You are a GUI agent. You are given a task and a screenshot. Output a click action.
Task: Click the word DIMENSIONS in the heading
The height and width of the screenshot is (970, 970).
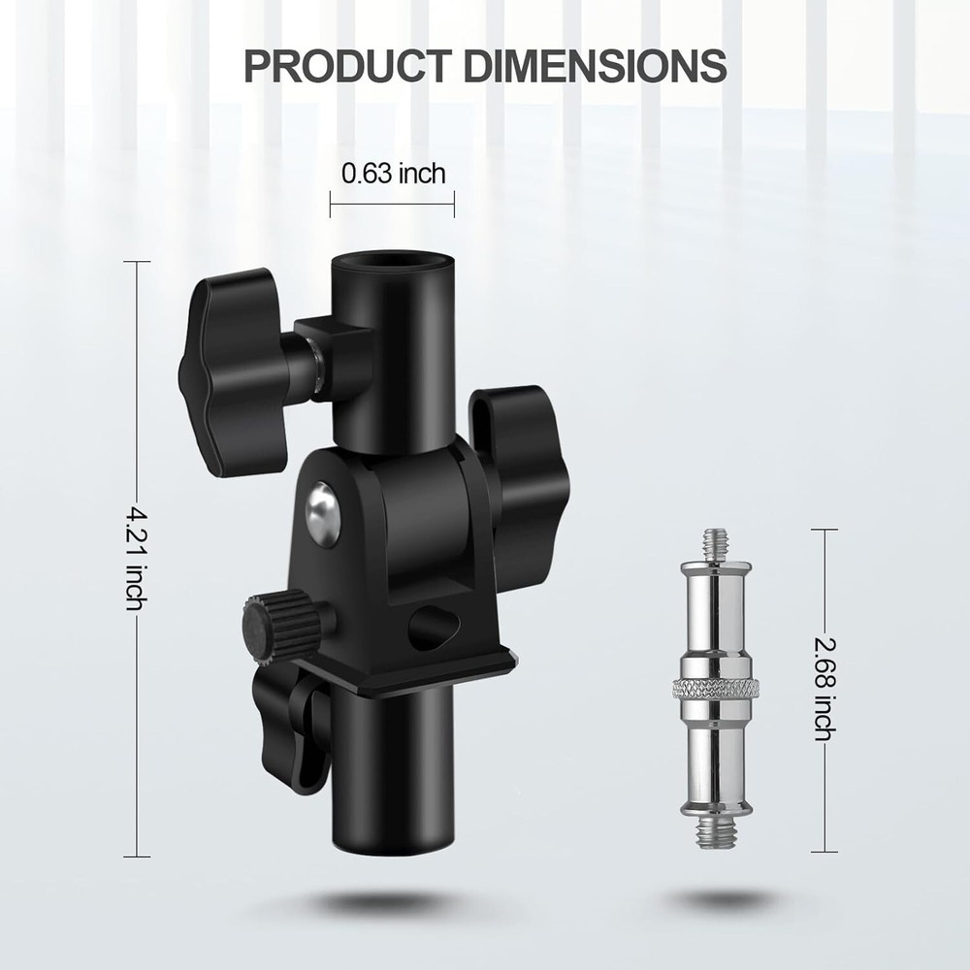595,65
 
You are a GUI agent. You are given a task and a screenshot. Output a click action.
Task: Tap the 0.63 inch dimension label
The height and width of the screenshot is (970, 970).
393,174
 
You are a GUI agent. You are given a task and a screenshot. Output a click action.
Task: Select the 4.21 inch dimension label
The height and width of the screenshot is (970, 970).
136,558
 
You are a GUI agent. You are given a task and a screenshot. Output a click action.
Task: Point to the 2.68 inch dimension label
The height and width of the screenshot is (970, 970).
824,689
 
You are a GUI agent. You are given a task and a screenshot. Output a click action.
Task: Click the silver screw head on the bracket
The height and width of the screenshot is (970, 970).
322,510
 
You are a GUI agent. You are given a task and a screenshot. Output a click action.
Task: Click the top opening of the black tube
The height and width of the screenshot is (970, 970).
393,265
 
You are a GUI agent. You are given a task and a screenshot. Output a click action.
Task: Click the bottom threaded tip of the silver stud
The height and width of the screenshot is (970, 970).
719,829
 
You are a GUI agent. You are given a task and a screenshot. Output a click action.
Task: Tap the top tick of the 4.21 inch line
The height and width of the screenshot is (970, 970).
136,262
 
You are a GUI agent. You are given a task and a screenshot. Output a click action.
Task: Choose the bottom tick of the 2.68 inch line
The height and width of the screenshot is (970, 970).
824,851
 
